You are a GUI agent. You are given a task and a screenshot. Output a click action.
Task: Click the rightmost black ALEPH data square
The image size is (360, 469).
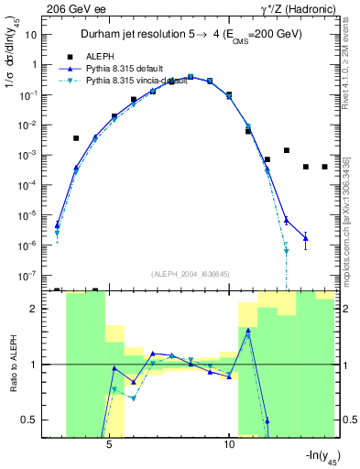(x=324, y=167)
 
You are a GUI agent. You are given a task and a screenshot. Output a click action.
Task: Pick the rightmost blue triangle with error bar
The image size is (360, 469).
(x=305, y=238)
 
